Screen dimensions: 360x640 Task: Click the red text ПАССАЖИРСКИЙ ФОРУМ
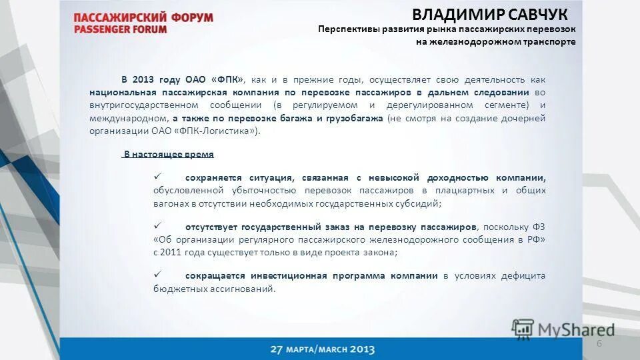pyautogui.click(x=143, y=17)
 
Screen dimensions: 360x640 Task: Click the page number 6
pyautogui.click(x=599, y=343)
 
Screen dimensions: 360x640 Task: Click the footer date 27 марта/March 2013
pyautogui.click(x=323, y=349)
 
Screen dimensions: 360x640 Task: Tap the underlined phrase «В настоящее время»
pyautogui.click(x=169, y=154)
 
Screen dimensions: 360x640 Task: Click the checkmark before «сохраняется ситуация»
pyautogui.click(x=159, y=177)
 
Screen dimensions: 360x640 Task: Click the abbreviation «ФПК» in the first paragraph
pyautogui.click(x=227, y=79)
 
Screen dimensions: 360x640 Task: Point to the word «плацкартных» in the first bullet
pyautogui.click(x=451, y=191)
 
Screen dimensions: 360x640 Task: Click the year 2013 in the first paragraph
pyautogui.click(x=145, y=79)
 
